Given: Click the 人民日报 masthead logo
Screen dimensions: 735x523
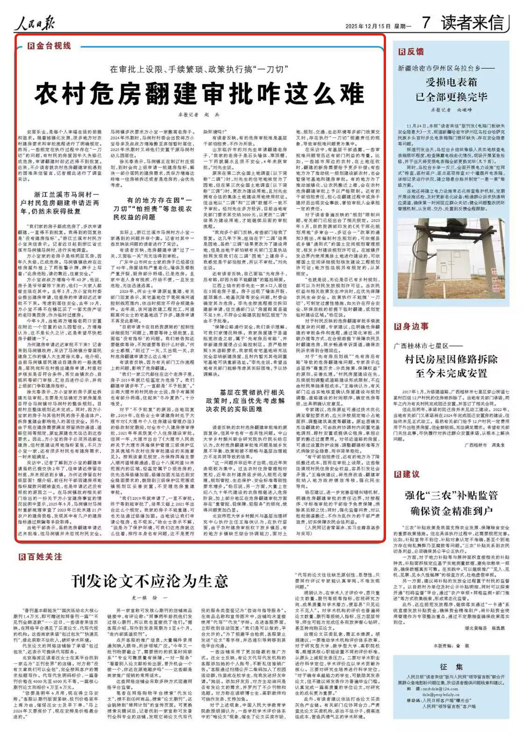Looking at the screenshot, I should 35,22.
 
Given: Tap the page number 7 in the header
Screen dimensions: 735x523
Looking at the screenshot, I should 426,22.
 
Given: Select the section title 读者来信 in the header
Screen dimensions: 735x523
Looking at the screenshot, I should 472,22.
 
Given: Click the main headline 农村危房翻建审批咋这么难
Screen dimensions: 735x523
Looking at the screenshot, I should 199,93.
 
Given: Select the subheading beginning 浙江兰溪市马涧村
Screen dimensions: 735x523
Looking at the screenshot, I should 60,203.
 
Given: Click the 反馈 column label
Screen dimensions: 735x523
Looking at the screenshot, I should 411,51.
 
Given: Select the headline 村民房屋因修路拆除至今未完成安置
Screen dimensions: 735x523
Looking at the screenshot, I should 451,366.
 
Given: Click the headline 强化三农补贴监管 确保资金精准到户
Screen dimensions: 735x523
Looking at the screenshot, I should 451,503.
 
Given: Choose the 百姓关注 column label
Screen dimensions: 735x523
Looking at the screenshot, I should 41,557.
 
